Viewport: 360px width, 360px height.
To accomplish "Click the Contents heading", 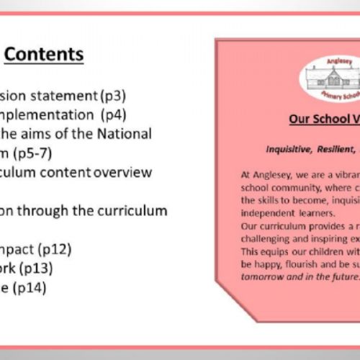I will [44, 54].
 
